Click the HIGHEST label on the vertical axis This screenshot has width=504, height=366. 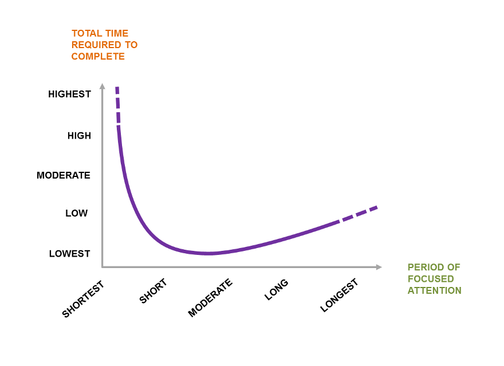pyautogui.click(x=69, y=94)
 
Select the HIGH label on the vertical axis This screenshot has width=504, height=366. pyautogui.click(x=79, y=136)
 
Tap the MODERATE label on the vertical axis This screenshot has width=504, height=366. pyautogui.click(x=64, y=175)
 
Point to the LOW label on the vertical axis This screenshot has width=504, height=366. pyautogui.click(x=77, y=213)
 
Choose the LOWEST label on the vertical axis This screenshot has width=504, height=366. pyautogui.click(x=70, y=253)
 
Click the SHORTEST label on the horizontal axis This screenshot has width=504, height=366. pyautogui.click(x=84, y=298)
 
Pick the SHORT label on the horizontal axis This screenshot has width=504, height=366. pyautogui.click(x=153, y=291)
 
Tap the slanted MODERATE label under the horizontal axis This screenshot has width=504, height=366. pyautogui.click(x=210, y=298)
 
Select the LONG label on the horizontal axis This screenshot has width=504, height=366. pyautogui.click(x=276, y=290)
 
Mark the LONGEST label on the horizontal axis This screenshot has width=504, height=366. pyautogui.click(x=339, y=295)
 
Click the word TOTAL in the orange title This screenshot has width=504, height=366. pyautogui.click(x=85, y=33)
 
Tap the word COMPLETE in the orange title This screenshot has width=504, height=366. pyautogui.click(x=98, y=56)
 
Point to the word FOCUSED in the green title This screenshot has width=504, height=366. pyautogui.click(x=431, y=279)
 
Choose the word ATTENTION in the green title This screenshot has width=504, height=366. pyautogui.click(x=435, y=290)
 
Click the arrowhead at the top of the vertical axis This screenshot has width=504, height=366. pyautogui.click(x=103, y=86)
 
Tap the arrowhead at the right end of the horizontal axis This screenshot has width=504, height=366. pyautogui.click(x=379, y=267)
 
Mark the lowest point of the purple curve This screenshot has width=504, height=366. pyautogui.click(x=209, y=253)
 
